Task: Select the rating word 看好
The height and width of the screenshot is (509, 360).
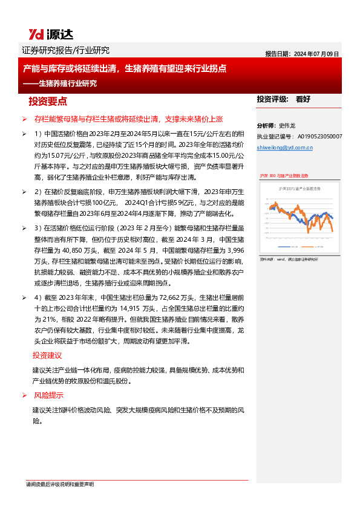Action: [x=303, y=99]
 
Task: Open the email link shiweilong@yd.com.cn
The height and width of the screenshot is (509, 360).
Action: [x=283, y=147]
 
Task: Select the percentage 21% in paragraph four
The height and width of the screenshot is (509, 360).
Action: [x=43, y=319]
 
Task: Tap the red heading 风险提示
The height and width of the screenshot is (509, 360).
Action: [x=48, y=395]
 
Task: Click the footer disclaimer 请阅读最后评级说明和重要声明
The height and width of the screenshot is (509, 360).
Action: [x=59, y=484]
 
